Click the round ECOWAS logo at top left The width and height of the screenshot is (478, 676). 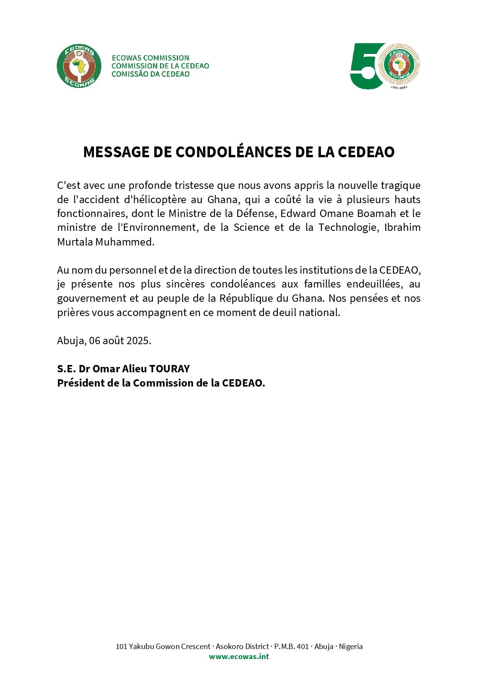click(x=79, y=66)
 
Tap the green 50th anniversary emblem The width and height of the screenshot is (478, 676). click(x=385, y=66)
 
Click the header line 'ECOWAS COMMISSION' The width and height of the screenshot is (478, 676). click(x=150, y=58)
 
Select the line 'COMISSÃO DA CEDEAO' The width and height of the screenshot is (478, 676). click(x=150, y=74)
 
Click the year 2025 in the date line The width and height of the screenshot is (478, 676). click(x=138, y=341)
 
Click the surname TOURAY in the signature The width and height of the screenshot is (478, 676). click(x=169, y=369)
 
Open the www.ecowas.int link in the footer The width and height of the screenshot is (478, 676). click(x=239, y=656)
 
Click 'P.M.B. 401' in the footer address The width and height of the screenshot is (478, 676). click(x=291, y=646)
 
